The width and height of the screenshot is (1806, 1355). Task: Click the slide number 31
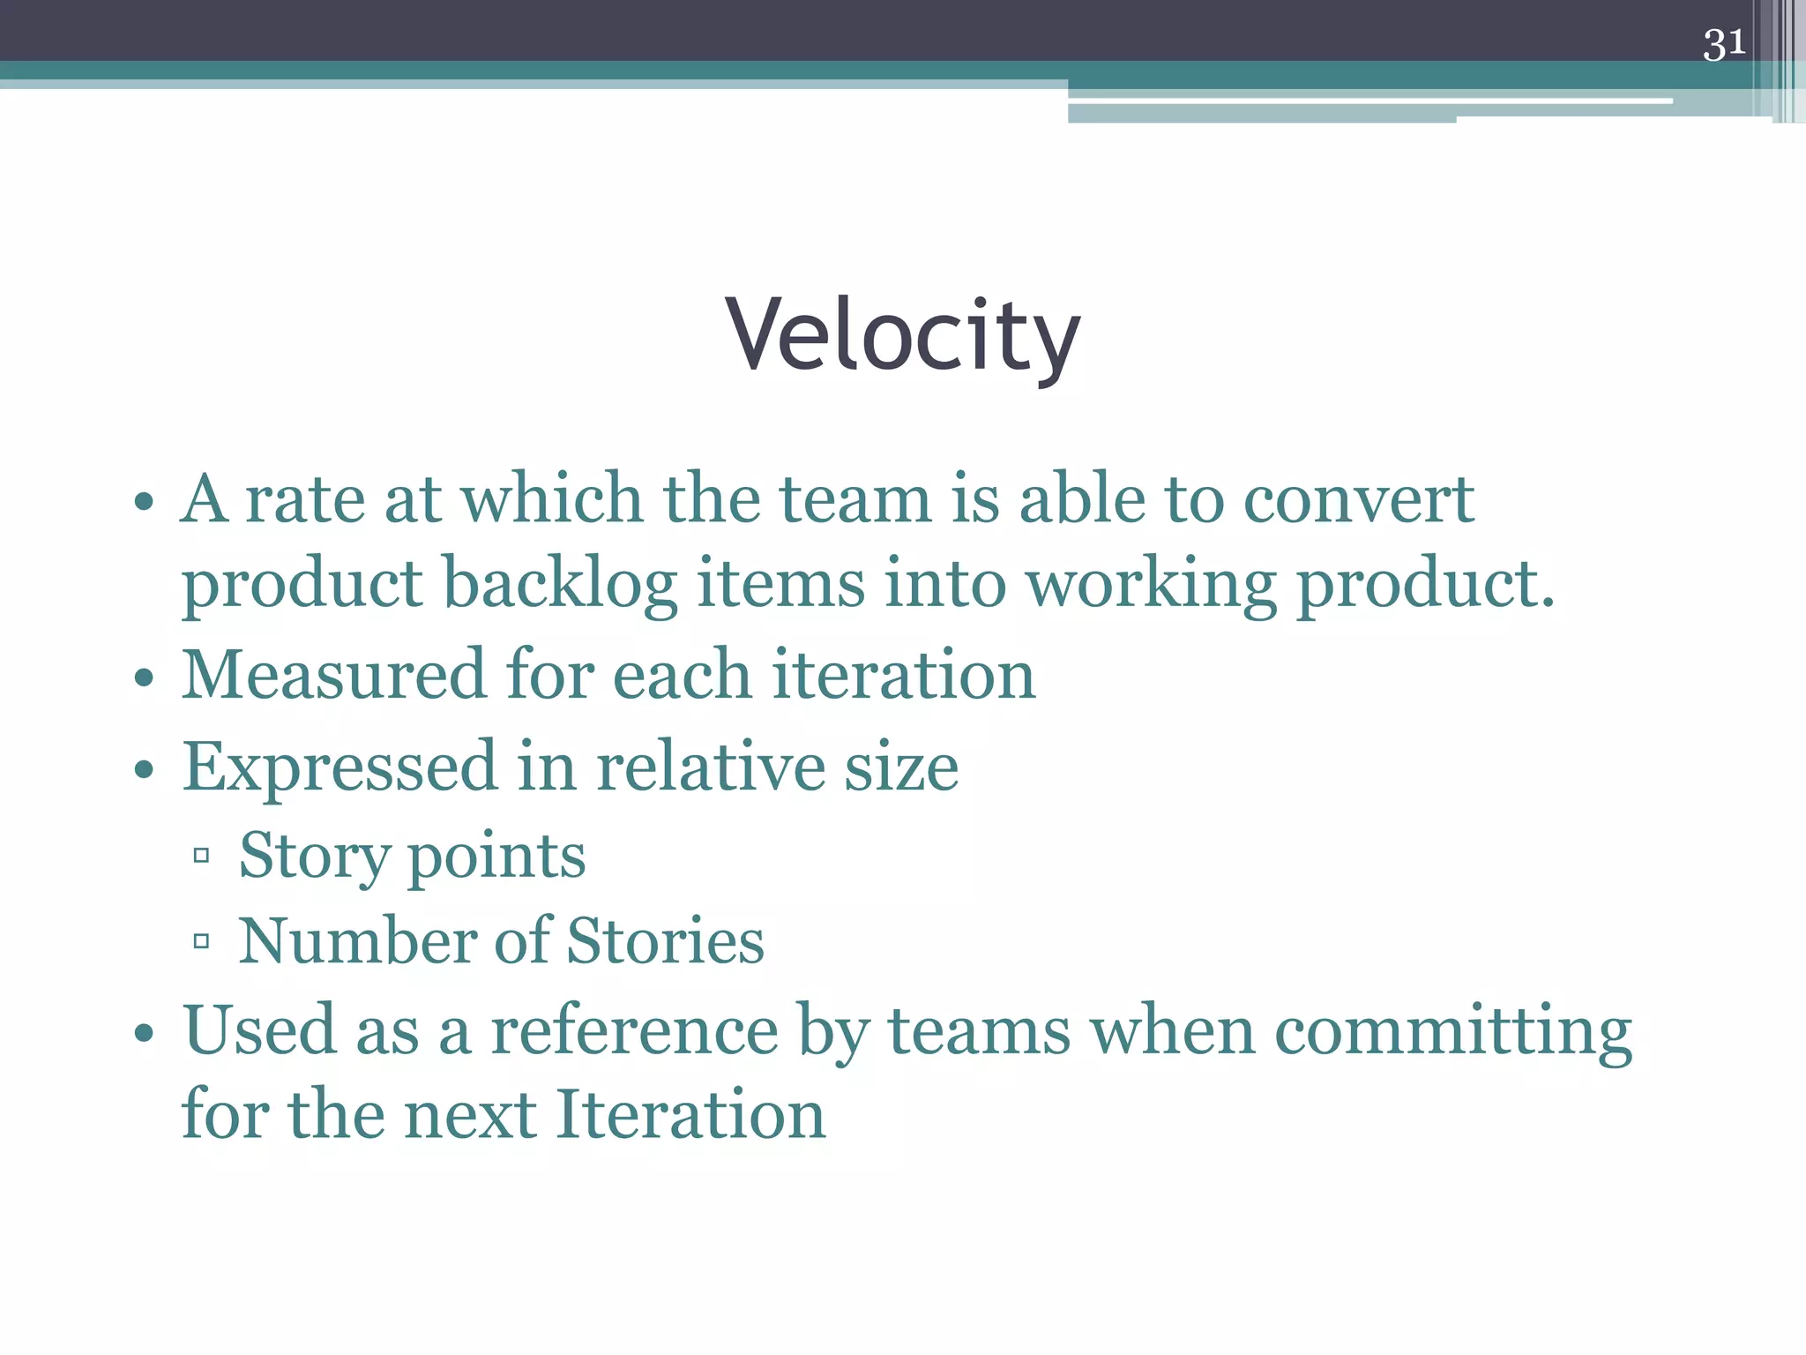[x=1723, y=43]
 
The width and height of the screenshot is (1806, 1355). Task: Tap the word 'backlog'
[x=559, y=584]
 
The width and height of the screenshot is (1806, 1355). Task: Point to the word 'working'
[x=1150, y=584]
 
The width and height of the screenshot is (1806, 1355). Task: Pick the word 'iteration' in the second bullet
[x=903, y=674]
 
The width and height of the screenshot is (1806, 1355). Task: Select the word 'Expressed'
[x=340, y=767]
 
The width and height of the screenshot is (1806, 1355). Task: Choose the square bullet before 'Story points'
[x=201, y=855]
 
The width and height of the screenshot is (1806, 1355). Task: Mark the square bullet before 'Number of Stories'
[x=201, y=941]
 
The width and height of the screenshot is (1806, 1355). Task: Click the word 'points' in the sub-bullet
[x=496, y=857]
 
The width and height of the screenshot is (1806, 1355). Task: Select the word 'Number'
[x=356, y=940]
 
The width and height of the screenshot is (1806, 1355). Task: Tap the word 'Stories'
[x=665, y=940]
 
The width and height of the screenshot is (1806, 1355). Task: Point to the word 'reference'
[x=634, y=1030]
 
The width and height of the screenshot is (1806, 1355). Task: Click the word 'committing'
[x=1453, y=1030]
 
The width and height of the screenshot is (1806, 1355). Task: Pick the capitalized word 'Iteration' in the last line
[x=690, y=1114]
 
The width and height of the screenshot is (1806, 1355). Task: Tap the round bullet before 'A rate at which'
[x=144, y=503]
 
